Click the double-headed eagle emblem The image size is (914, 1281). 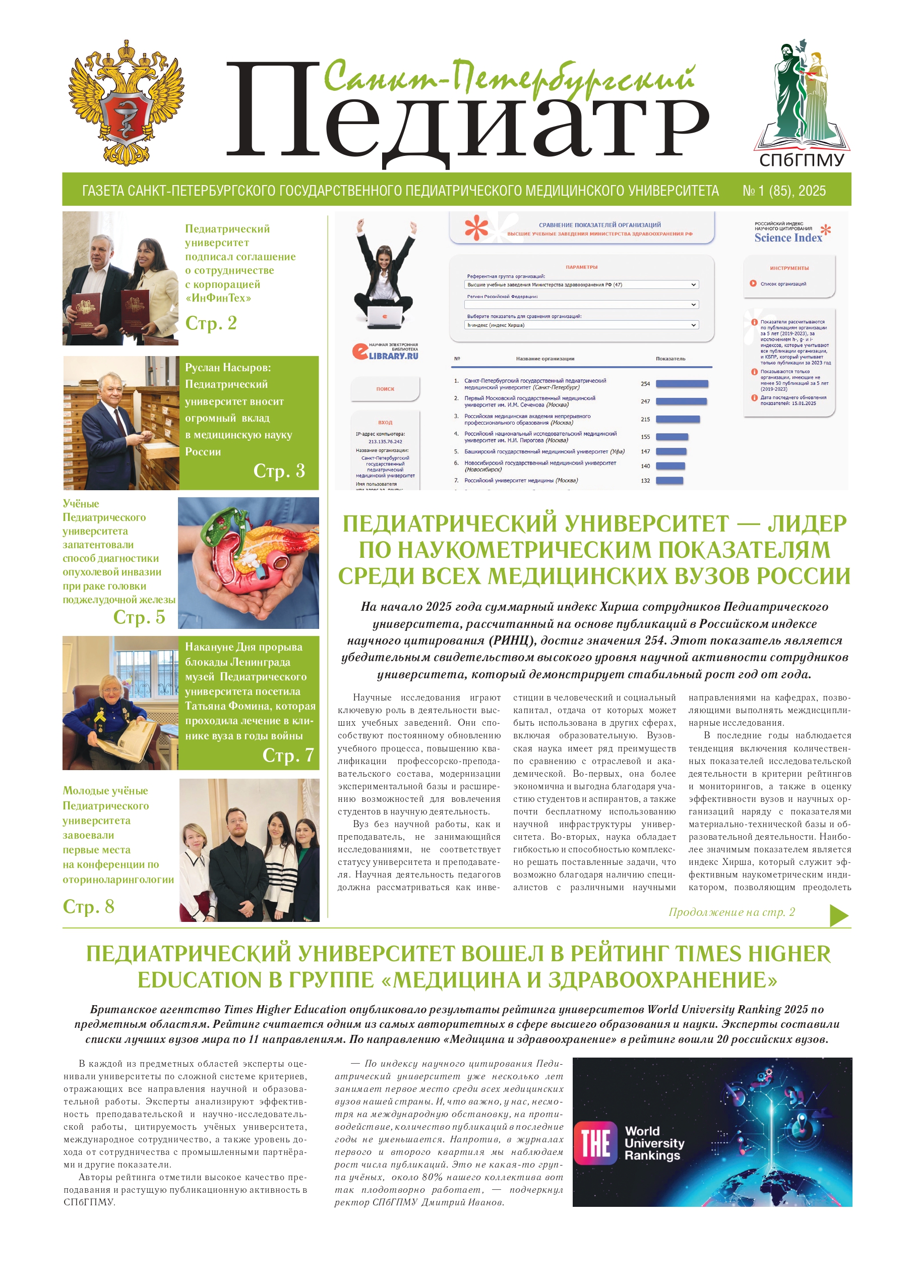click(126, 103)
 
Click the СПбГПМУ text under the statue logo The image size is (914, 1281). click(802, 160)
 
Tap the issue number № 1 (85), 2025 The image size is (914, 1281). click(784, 191)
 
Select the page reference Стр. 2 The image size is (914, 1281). click(211, 323)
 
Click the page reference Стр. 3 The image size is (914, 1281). click(279, 471)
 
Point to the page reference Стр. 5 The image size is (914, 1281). click(139, 617)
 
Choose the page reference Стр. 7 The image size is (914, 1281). click(287, 755)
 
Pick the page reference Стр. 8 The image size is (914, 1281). click(88, 907)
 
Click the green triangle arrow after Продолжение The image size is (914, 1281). click(838, 915)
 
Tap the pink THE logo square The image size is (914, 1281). click(595, 1143)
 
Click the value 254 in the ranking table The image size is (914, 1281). click(645, 384)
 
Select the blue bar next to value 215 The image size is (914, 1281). click(678, 420)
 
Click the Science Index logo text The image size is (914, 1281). click(788, 238)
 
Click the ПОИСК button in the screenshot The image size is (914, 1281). click(385, 389)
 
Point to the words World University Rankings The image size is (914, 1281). click(654, 1143)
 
